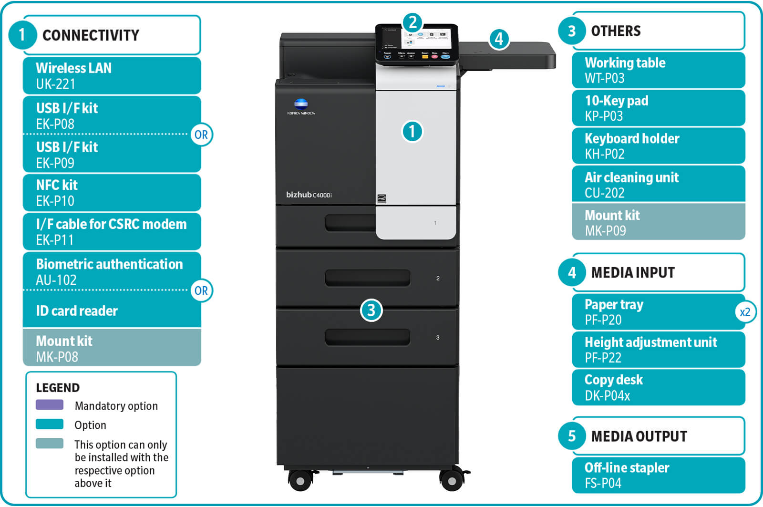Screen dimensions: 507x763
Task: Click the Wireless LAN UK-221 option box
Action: coord(112,75)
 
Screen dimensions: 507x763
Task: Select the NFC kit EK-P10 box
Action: coord(112,192)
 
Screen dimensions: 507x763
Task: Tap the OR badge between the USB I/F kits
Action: coord(201,135)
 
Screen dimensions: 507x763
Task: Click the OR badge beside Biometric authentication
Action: coord(201,290)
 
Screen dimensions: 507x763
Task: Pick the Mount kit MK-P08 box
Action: coord(112,348)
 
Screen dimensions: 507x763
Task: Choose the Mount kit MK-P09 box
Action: coord(658,222)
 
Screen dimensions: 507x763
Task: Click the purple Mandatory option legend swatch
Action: coord(50,405)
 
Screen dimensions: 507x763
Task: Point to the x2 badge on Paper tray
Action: coord(744,312)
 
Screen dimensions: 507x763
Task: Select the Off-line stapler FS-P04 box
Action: coord(658,475)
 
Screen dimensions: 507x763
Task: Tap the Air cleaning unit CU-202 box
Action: coord(658,185)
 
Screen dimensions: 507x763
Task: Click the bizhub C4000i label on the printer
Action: coord(309,195)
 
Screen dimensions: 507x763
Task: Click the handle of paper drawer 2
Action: coord(367,278)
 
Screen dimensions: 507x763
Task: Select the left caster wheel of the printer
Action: coord(300,480)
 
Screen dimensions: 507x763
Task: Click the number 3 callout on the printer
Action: coord(371,310)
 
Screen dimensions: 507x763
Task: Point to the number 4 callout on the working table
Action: coord(499,39)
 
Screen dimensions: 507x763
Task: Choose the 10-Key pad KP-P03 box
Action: coord(658,108)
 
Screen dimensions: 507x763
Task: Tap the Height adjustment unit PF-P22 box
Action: coord(658,350)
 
